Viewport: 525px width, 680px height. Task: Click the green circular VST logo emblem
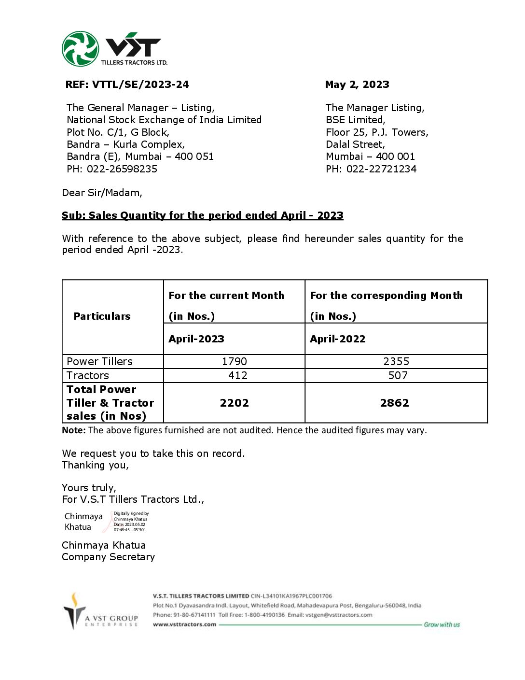click(x=80, y=49)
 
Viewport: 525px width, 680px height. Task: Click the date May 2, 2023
click(x=357, y=85)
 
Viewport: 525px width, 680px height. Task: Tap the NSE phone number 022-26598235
click(x=122, y=169)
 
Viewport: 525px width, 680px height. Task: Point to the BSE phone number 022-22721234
click(x=381, y=169)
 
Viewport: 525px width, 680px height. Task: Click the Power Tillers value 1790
click(x=235, y=361)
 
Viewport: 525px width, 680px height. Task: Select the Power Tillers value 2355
click(x=396, y=361)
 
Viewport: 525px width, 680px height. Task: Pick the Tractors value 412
click(x=237, y=375)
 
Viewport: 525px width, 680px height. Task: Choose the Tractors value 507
click(x=398, y=375)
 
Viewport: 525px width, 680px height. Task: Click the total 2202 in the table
click(x=235, y=403)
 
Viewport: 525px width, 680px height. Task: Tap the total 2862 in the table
click(x=395, y=403)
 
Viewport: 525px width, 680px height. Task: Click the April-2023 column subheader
click(x=196, y=339)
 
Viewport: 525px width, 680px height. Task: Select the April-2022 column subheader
click(x=338, y=339)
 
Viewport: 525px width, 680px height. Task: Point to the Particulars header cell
click(x=102, y=316)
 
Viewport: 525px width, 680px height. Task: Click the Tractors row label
click(x=88, y=375)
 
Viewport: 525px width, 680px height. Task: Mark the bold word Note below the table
click(x=73, y=430)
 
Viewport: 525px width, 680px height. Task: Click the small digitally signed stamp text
click(x=131, y=522)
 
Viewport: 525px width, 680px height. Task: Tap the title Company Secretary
click(x=109, y=557)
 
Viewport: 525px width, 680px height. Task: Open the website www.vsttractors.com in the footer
click(x=184, y=624)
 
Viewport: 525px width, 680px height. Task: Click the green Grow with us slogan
click(x=442, y=624)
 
